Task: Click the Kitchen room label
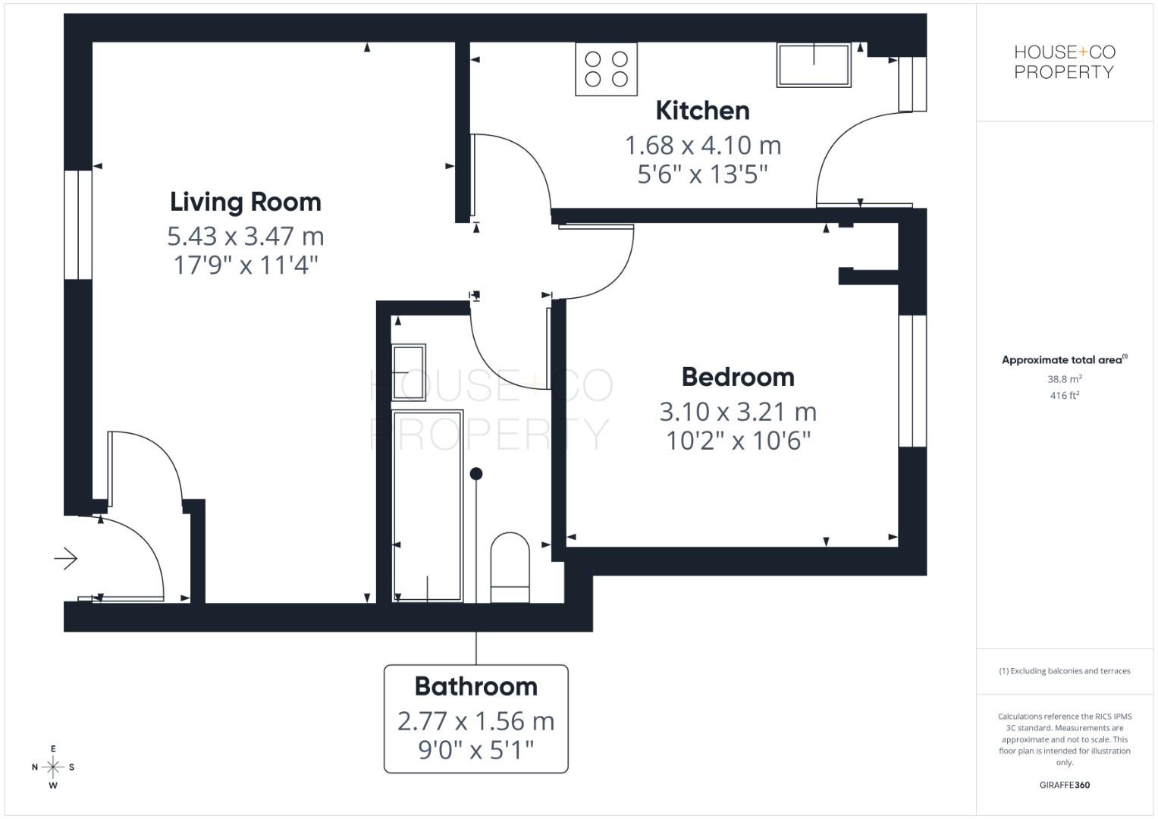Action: coord(702,111)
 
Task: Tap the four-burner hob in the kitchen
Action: coord(606,69)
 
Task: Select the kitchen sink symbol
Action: coord(814,64)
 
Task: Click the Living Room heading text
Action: coord(246,202)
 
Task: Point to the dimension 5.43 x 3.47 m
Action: coord(246,237)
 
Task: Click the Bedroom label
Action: coord(738,378)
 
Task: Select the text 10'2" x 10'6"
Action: coord(738,441)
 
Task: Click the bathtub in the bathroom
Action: coord(428,506)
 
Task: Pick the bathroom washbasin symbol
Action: coord(409,372)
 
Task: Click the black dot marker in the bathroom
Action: coord(476,474)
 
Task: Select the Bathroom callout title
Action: coord(475,687)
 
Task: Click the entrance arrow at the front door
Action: coord(66,560)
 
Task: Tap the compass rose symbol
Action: coord(53,767)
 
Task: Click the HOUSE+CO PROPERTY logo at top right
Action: coord(1064,62)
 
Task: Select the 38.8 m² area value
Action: coord(1064,378)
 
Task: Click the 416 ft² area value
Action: coord(1064,396)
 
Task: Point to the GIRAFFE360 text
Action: coord(1064,785)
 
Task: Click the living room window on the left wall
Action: coord(77,224)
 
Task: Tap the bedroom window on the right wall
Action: coord(912,381)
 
